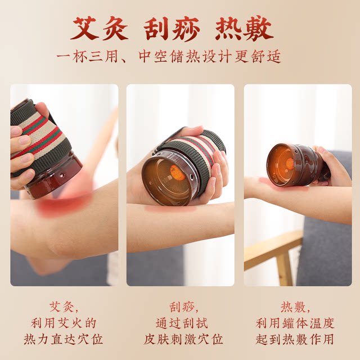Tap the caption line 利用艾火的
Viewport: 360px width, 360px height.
[63, 323]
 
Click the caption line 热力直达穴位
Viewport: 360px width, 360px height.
[63, 340]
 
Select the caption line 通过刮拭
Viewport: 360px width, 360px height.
[181, 323]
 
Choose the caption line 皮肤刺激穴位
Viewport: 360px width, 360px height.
[181, 340]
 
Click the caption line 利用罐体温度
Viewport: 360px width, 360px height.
[295, 323]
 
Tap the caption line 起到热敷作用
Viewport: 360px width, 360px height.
[295, 340]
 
